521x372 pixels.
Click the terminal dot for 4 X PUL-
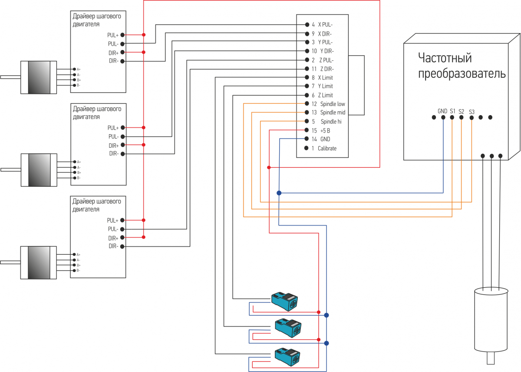[307, 24]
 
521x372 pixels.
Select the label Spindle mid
[333, 113]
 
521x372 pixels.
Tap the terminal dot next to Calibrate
[307, 148]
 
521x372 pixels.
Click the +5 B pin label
[325, 131]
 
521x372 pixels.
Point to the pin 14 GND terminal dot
[307, 139]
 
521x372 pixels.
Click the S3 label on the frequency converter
[472, 112]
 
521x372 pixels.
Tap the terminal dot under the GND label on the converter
[443, 117]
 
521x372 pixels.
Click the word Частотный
[445, 58]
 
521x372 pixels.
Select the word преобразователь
[462, 73]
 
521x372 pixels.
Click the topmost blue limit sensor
[285, 301]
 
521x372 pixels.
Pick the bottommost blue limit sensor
[287, 357]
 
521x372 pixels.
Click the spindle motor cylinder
[491, 320]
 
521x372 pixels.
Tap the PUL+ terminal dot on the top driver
[122, 35]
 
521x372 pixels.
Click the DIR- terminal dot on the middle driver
[123, 154]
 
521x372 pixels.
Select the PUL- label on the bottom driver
[113, 229]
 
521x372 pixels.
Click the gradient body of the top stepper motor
[39, 77]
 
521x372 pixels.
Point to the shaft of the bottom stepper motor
[10, 262]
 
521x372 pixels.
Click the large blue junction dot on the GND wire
[279, 193]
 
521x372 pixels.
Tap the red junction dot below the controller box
[269, 167]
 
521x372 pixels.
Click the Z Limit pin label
[325, 95]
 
